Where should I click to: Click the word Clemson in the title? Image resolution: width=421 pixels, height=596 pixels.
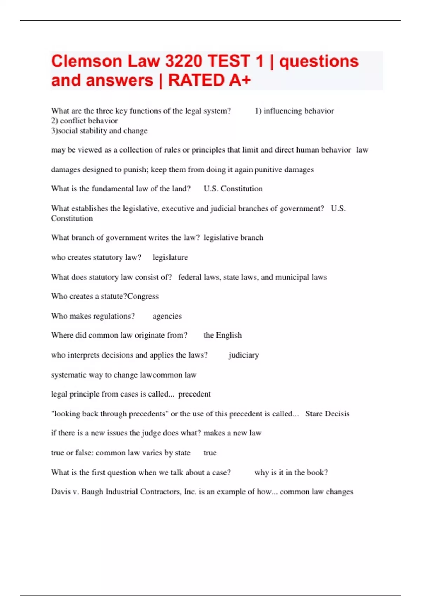pos(86,61)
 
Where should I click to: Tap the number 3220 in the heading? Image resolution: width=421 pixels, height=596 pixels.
pos(183,61)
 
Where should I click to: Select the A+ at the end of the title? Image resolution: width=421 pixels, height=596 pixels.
pos(240,80)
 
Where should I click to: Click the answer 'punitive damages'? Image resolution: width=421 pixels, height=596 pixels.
pos(284,170)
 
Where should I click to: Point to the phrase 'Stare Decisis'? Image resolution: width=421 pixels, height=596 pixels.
pos(327,414)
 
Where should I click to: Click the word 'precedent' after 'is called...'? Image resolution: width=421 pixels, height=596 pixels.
pos(194,394)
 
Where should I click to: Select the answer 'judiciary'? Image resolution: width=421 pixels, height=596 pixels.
pos(244,355)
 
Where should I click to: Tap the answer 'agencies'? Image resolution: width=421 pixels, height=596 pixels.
pos(167,316)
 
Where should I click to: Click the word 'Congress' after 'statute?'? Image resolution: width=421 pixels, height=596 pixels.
pos(143,296)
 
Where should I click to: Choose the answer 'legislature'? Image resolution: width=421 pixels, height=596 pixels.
pos(170,257)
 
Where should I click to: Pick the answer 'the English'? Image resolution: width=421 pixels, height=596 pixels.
pos(222,335)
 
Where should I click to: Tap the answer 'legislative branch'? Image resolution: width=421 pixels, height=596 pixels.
pos(233,238)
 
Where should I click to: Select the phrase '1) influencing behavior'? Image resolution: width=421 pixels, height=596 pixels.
pos(294,111)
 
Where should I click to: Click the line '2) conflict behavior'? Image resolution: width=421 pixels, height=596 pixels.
pos(84,121)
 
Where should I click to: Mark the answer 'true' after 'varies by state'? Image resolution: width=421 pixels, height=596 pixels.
pos(210,453)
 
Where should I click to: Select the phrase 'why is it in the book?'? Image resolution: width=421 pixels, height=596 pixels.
pos(291,473)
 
